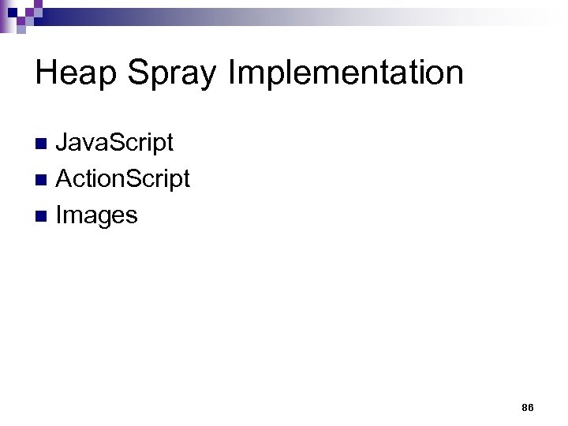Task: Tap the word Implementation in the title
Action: [346, 73]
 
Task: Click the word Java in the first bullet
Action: [80, 143]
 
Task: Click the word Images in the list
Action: [96, 215]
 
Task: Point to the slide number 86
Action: [527, 407]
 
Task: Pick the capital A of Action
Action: [64, 179]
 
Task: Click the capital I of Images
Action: [59, 215]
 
